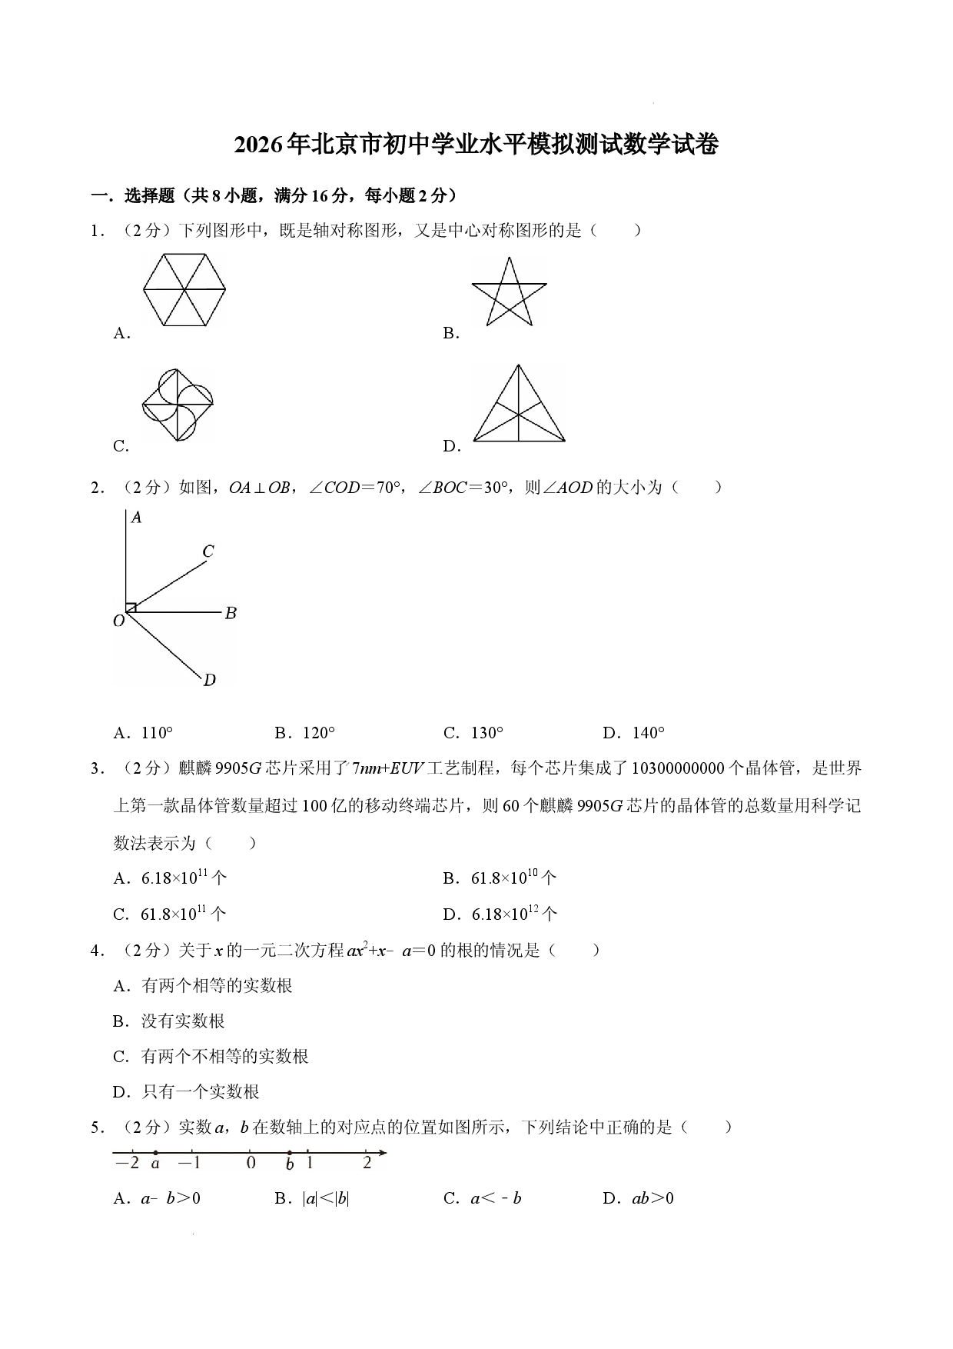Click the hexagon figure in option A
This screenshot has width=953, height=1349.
pyautogui.click(x=184, y=290)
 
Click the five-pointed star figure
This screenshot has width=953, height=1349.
pyautogui.click(x=509, y=291)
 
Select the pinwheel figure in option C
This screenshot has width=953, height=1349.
pyautogui.click(x=178, y=405)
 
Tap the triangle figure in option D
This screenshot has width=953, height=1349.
pyautogui.click(x=519, y=403)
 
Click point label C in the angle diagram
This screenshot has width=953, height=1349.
pyautogui.click(x=208, y=551)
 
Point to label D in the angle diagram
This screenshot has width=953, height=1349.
pyautogui.click(x=209, y=679)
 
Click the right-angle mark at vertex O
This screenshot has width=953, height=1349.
pyautogui.click(x=131, y=608)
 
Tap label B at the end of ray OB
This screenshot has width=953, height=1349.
pyautogui.click(x=231, y=613)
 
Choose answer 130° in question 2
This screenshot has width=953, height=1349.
pyautogui.click(x=473, y=733)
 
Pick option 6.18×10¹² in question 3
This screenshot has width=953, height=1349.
pyautogui.click(x=500, y=914)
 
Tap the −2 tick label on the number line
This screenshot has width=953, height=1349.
pyautogui.click(x=127, y=1163)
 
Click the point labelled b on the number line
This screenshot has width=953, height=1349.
pyautogui.click(x=289, y=1153)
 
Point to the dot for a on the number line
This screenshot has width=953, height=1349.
pyautogui.click(x=155, y=1153)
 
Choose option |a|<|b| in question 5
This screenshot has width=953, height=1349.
pyautogui.click(x=312, y=1198)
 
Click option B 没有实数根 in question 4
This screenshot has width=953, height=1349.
pyautogui.click(x=168, y=1021)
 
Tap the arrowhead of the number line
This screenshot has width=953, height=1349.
pyautogui.click(x=382, y=1153)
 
